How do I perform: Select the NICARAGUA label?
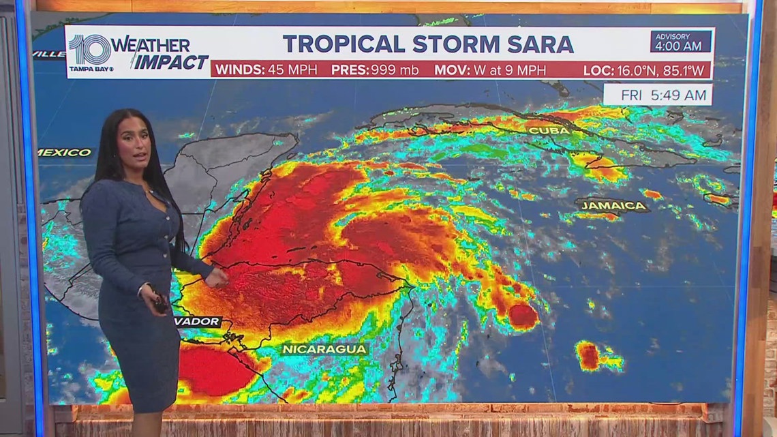pyautogui.click(x=325, y=349)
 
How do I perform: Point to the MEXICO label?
pyautogui.click(x=64, y=152)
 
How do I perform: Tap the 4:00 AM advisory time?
pyautogui.click(x=680, y=46)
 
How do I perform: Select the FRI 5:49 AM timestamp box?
pyautogui.click(x=657, y=95)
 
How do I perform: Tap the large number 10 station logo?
pyautogui.click(x=89, y=49)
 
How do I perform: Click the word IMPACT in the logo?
pyautogui.click(x=170, y=62)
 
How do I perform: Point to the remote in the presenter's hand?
pyautogui.click(x=160, y=302)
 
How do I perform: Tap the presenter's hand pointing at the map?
pyautogui.click(x=217, y=277)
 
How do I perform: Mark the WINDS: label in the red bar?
pyautogui.click(x=239, y=70)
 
